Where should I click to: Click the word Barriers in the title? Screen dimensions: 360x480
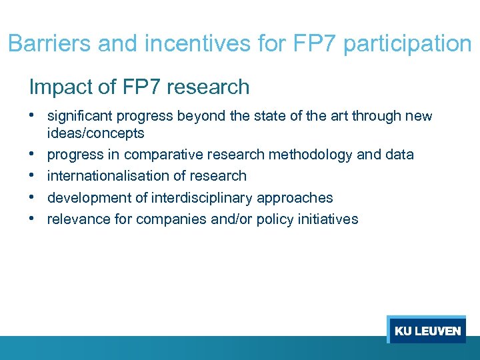click(x=49, y=44)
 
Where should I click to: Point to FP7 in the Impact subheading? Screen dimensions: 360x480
click(x=137, y=87)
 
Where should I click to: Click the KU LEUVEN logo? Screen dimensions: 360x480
click(x=427, y=331)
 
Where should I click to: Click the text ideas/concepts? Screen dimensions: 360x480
click(x=95, y=133)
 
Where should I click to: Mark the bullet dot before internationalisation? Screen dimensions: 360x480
click(x=33, y=175)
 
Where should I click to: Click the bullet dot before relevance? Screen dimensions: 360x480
click(x=33, y=218)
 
